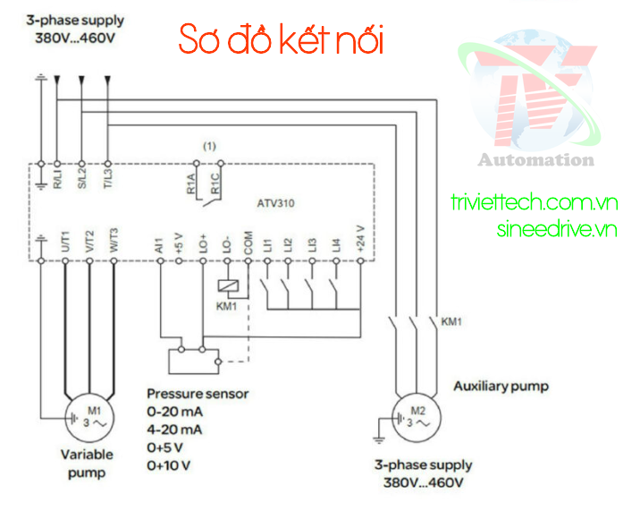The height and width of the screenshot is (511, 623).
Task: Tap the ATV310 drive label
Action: [x=276, y=203]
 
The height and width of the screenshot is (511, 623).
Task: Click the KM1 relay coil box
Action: [x=226, y=286]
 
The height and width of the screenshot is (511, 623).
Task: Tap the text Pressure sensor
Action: [x=198, y=394]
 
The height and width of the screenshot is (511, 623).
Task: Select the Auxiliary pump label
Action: [x=501, y=387]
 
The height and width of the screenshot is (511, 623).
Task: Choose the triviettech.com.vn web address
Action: [x=534, y=203]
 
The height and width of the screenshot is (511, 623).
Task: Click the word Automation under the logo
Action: [x=535, y=160]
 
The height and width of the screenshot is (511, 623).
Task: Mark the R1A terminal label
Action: [x=190, y=184]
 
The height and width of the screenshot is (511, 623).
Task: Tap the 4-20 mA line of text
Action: [x=174, y=430]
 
